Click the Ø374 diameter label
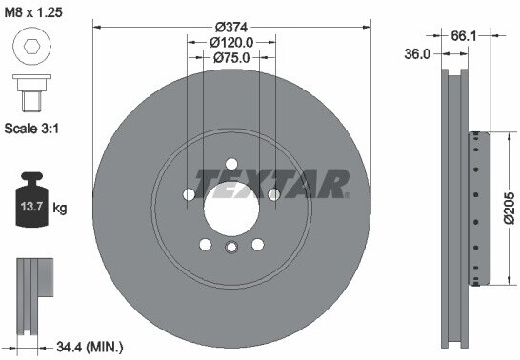[x=231, y=26]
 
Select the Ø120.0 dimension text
[x=231, y=42]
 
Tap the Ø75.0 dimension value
[x=231, y=58]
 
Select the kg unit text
[x=60, y=208]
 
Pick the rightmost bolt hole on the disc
[x=273, y=194]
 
